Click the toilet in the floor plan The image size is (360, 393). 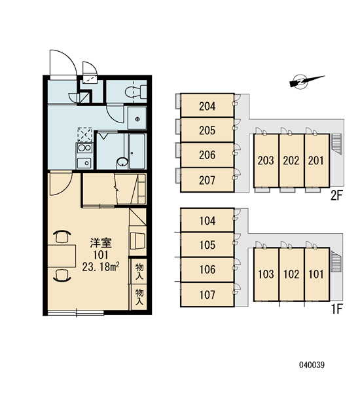[135, 92]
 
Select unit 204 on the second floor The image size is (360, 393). [207, 105]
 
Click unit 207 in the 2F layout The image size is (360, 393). [207, 180]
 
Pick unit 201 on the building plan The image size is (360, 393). [317, 160]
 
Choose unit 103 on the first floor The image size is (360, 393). [266, 274]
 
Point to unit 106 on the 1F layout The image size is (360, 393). [207, 270]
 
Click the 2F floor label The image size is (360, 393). [336, 196]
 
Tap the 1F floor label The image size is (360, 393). [337, 309]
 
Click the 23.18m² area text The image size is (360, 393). [101, 267]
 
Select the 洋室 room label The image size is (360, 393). [101, 243]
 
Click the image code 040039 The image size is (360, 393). [312, 365]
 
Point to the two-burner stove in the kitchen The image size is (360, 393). [84, 148]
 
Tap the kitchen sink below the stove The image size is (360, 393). [84, 163]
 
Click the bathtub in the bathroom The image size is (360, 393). [137, 151]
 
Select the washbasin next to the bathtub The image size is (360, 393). [122, 162]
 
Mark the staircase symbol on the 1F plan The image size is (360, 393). [336, 261]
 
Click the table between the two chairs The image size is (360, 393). [62, 256]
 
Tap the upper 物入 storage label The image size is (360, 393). [139, 271]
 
